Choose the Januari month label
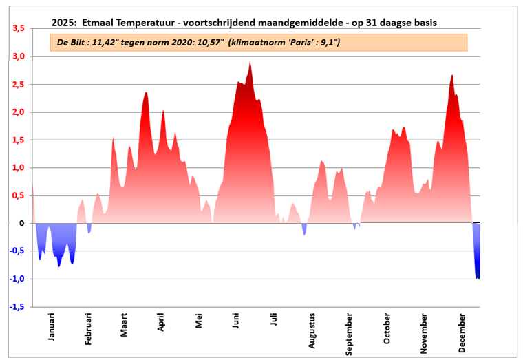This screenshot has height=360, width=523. [51, 326]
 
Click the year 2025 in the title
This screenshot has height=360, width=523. [64, 23]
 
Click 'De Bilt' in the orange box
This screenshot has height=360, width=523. [73, 43]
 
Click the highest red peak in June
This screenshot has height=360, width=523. [250, 63]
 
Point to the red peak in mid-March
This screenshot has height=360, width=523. [146, 94]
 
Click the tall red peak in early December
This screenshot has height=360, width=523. [452, 76]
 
